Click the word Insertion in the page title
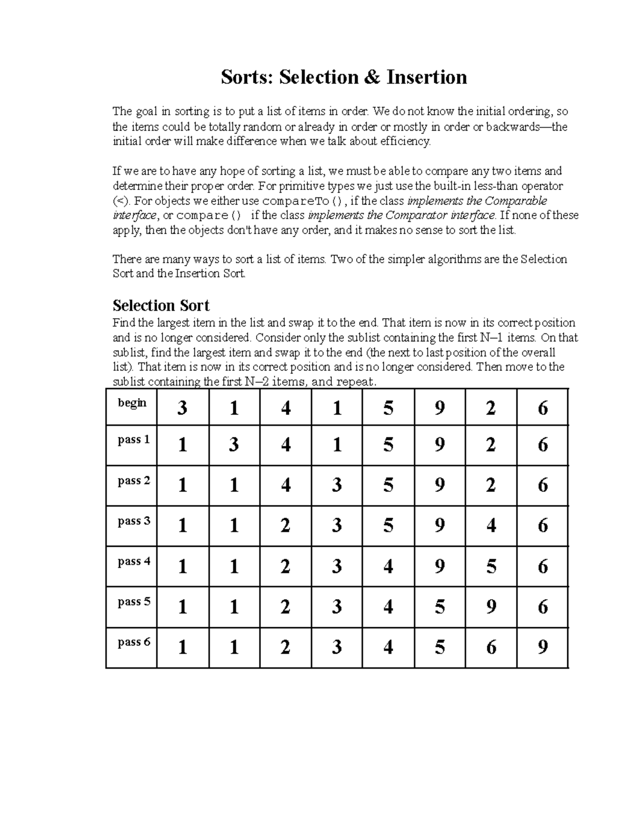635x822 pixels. point(427,77)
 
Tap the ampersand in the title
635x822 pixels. point(371,77)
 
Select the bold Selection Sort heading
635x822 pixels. point(161,305)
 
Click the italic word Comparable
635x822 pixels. point(516,201)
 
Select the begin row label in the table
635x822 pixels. point(132,403)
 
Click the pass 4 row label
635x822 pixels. point(134,562)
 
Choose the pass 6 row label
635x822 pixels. point(134,642)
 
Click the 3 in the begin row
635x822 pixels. point(183,408)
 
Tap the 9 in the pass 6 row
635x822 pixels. point(542,647)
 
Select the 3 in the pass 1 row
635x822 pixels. point(234,445)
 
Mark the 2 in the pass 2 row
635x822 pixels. point(491,485)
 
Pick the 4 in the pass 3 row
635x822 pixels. point(491,526)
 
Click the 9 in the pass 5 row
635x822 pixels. point(491,607)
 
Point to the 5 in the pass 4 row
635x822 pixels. point(491,567)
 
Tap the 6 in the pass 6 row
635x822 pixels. point(491,647)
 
